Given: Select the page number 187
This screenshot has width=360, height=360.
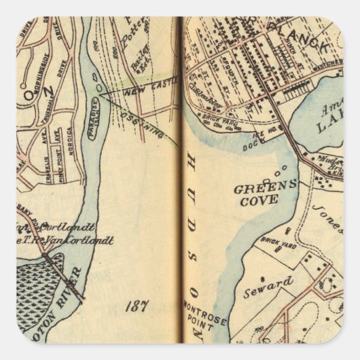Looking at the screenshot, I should (136, 305).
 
